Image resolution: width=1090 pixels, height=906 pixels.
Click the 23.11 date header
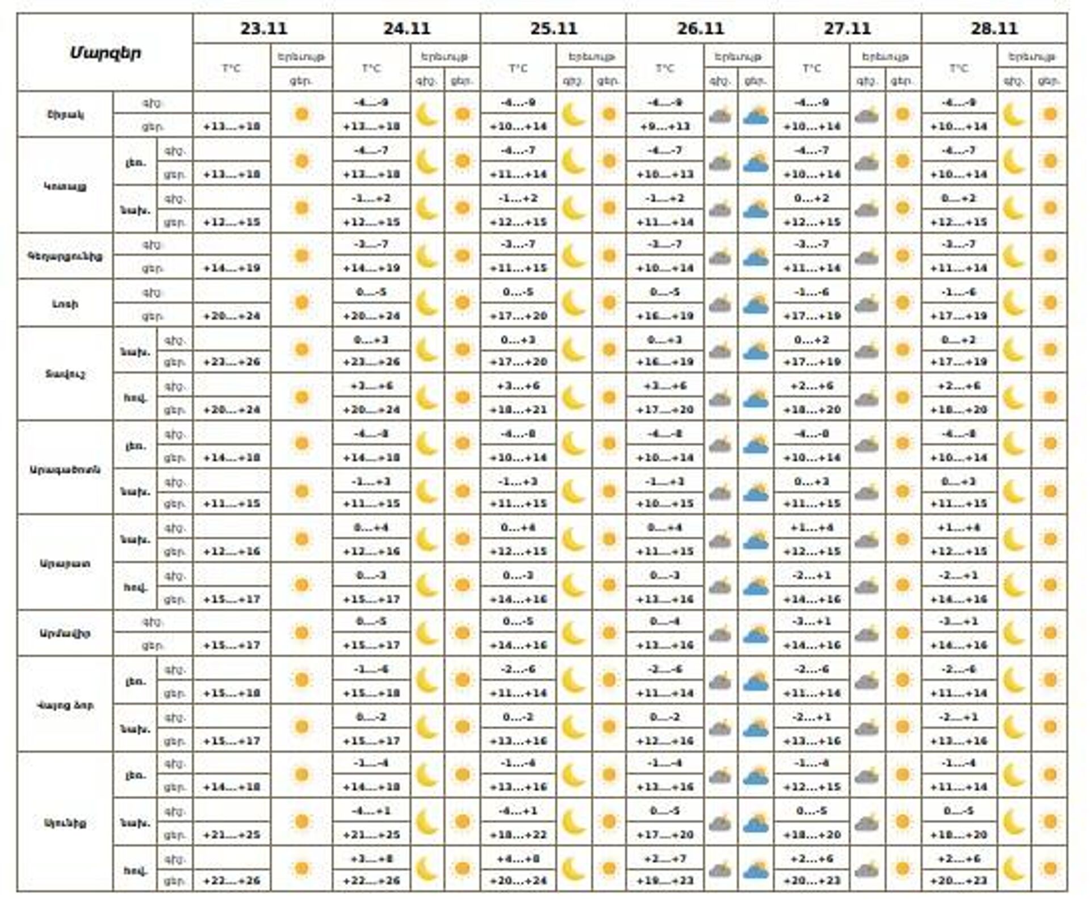(x=263, y=28)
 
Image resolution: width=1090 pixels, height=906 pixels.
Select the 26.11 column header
(x=700, y=28)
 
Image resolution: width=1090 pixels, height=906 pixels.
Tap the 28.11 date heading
(x=994, y=28)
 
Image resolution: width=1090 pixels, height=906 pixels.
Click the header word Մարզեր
(x=105, y=53)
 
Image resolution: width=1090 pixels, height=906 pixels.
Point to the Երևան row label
(x=65, y=115)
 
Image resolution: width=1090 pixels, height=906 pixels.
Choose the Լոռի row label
(x=65, y=304)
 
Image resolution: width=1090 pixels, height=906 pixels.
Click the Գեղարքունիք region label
(x=65, y=256)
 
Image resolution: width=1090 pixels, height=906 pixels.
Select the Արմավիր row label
(x=65, y=634)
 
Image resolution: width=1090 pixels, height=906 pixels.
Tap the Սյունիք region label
(x=65, y=823)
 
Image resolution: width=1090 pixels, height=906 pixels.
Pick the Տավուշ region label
(x=65, y=374)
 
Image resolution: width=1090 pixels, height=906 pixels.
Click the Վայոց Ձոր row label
(x=65, y=706)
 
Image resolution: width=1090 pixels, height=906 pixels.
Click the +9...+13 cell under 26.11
(x=665, y=126)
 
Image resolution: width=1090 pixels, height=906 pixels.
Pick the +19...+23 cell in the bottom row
(x=665, y=880)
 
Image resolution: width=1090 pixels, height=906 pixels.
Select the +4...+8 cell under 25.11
(x=518, y=858)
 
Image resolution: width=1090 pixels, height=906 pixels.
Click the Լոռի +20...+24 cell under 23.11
(x=232, y=316)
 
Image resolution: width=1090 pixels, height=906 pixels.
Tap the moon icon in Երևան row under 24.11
(x=427, y=115)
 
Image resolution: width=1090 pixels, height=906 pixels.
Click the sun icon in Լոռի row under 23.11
(x=301, y=303)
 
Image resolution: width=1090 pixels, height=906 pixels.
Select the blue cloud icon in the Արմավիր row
(x=755, y=634)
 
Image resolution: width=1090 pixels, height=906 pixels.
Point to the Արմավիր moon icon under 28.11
(x=1014, y=633)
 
